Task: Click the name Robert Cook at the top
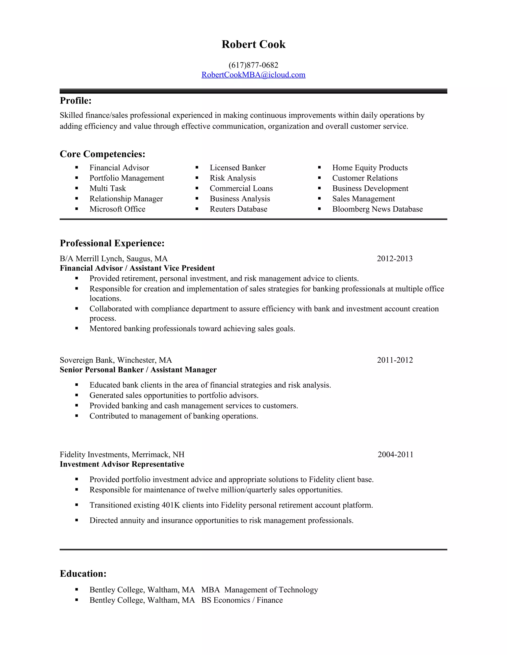click(x=253, y=44)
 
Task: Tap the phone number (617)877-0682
click(x=253, y=65)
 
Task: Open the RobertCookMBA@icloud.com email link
click(x=253, y=75)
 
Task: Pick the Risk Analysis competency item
click(x=232, y=178)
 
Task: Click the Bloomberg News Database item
click(x=377, y=209)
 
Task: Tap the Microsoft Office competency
click(x=117, y=209)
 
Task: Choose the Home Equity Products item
click(x=370, y=168)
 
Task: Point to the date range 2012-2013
click(x=394, y=259)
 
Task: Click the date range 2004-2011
click(x=395, y=454)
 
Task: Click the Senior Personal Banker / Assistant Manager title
click(x=138, y=370)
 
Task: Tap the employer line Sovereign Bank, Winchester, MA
click(x=116, y=360)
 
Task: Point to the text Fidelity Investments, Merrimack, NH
click(x=122, y=454)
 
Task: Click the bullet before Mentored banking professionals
click(x=76, y=328)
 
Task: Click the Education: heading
click(x=83, y=573)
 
